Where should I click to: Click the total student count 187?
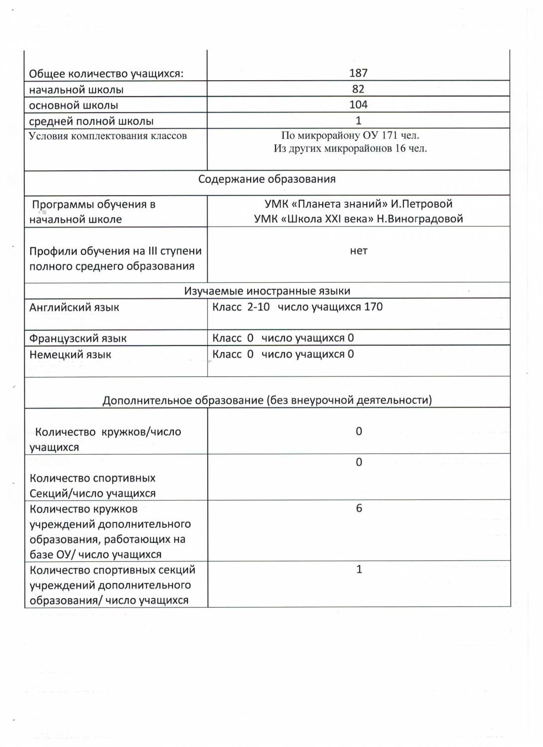pos(358,73)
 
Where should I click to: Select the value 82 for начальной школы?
pos(358,89)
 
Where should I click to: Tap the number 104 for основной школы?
pos(358,105)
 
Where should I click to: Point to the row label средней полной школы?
pos(91,121)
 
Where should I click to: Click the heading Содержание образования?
pos(267,179)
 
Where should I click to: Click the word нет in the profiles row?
pos(359,251)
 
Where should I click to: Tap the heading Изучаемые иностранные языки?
pos(267,291)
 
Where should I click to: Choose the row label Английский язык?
pos(74,307)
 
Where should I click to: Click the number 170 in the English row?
pos(373,307)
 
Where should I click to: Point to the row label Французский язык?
pos(78,339)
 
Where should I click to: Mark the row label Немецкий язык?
pos(70,355)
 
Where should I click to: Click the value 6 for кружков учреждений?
pos(359,508)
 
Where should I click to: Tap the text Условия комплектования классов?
pos(108,136)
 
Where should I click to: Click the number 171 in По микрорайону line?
pos(390,135)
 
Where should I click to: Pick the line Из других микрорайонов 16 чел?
pos(350,148)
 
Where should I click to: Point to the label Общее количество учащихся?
pos(106,74)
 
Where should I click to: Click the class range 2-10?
pos(259,307)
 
